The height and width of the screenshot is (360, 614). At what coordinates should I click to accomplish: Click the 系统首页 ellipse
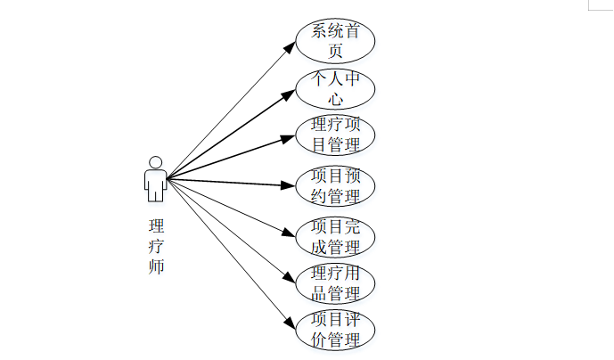click(x=335, y=40)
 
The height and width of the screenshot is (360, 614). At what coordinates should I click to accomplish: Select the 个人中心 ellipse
click(x=335, y=88)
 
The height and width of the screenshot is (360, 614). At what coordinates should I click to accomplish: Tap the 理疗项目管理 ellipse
click(x=335, y=135)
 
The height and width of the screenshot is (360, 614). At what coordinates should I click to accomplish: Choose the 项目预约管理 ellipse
click(x=335, y=185)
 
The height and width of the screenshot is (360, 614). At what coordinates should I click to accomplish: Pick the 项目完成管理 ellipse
click(x=335, y=235)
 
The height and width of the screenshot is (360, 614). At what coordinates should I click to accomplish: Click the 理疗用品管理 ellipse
click(x=335, y=282)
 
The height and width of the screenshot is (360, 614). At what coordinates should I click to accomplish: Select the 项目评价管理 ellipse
click(x=335, y=330)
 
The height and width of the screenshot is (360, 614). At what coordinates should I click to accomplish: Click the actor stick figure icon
click(x=156, y=179)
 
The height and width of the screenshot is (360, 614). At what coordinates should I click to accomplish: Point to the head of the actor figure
click(x=156, y=162)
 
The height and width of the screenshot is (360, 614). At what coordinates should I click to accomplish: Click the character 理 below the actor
click(x=156, y=225)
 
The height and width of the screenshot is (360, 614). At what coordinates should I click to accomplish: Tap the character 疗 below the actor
click(x=156, y=246)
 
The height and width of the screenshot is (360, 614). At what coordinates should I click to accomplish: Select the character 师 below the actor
click(x=156, y=266)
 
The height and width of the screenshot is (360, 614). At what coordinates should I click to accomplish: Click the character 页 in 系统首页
click(x=335, y=51)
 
